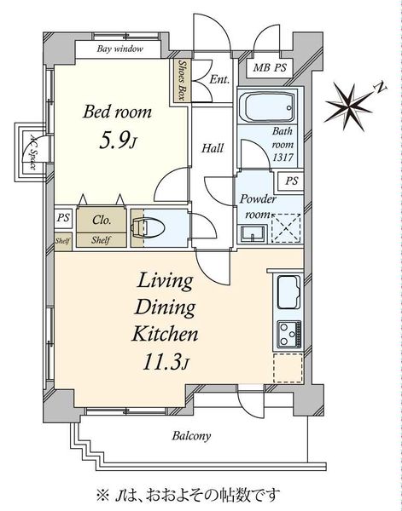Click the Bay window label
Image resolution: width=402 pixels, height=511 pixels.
point(119,49)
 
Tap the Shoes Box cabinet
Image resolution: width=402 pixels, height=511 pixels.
point(180,80)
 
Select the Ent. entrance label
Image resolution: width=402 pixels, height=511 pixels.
point(219,79)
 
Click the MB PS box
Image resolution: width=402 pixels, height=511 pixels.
point(270,68)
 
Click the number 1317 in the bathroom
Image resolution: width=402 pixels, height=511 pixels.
point(283,158)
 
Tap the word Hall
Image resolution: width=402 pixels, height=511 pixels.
point(213,148)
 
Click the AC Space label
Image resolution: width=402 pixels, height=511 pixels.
point(32,152)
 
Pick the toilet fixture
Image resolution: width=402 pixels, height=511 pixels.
point(148,227)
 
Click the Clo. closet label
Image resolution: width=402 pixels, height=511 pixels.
point(102,220)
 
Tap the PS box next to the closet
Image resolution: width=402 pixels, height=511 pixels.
point(63,217)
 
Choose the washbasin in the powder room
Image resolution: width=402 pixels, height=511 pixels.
point(253,234)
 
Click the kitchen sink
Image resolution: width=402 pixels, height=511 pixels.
point(288,292)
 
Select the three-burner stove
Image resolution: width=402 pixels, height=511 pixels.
point(289,334)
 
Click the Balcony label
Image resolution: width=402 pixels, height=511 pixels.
point(191,436)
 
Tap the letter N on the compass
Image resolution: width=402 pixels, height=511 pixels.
point(381,88)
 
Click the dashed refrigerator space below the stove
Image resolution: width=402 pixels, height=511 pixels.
point(288,368)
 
